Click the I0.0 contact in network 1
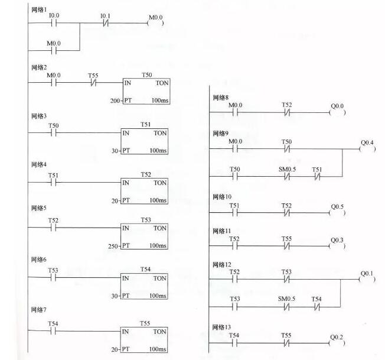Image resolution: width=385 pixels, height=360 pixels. pyautogui.click(x=54, y=23)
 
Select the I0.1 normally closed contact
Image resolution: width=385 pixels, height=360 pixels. pyautogui.click(x=105, y=23)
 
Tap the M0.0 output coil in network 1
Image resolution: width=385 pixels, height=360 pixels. pyautogui.click(x=155, y=23)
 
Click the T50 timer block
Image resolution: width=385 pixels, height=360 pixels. pyautogui.click(x=146, y=91)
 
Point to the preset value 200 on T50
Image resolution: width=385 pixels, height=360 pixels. pyautogui.click(x=115, y=100)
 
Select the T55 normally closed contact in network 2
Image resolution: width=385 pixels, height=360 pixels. pyautogui.click(x=93, y=83)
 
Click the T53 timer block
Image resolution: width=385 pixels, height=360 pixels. pyautogui.click(x=144, y=236)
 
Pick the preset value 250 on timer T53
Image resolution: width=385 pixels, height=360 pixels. pyautogui.click(x=113, y=246)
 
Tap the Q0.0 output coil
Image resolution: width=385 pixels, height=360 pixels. pyautogui.click(x=337, y=112)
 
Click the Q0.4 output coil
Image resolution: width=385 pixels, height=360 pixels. pyautogui.click(x=367, y=149)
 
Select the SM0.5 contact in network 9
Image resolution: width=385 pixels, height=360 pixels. pyautogui.click(x=287, y=176)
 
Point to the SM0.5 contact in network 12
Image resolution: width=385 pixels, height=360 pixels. pyautogui.click(x=286, y=307)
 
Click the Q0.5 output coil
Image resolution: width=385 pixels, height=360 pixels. pyautogui.click(x=337, y=213)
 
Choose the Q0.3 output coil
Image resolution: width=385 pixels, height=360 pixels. pyautogui.click(x=337, y=246)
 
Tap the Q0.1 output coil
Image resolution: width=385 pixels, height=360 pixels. pyautogui.click(x=367, y=279)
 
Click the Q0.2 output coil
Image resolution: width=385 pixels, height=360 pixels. pyautogui.click(x=337, y=343)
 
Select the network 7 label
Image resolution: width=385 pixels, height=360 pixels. pyautogui.click(x=38, y=310)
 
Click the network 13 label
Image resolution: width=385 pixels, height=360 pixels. pyautogui.click(x=221, y=327)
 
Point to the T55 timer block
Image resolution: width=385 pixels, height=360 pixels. pyautogui.click(x=144, y=340)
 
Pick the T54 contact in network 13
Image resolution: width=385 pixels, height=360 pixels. pyautogui.click(x=234, y=343)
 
